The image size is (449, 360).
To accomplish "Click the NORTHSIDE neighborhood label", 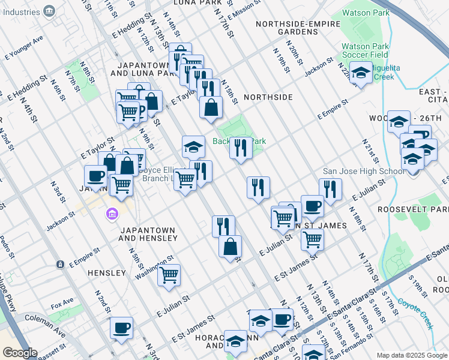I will click(x=268, y=97).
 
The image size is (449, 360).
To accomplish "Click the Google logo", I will click(x=20, y=353).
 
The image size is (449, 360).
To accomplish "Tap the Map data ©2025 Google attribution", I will click(x=411, y=355).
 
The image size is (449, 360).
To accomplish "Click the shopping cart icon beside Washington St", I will click(x=169, y=275).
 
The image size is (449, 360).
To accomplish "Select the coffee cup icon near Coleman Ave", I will click(x=121, y=328).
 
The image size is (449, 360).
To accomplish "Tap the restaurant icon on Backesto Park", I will click(x=241, y=147).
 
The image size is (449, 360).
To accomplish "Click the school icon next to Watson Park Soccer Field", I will click(x=361, y=73).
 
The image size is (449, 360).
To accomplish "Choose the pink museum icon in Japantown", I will click(x=112, y=214).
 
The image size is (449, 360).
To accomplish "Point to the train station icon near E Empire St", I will click(x=60, y=264).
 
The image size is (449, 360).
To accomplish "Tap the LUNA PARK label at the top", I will click(x=194, y=3).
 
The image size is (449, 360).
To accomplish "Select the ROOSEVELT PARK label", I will click(x=413, y=209).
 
